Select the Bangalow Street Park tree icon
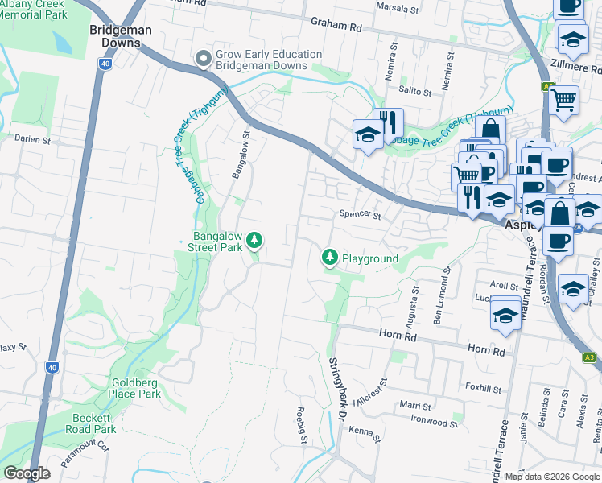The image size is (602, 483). pos(254,240)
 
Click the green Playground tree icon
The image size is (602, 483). pos(329,258)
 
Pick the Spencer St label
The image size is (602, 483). pos(359,215)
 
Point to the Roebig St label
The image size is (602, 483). pos(303,425)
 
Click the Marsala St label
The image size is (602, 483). pos(398,10)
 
